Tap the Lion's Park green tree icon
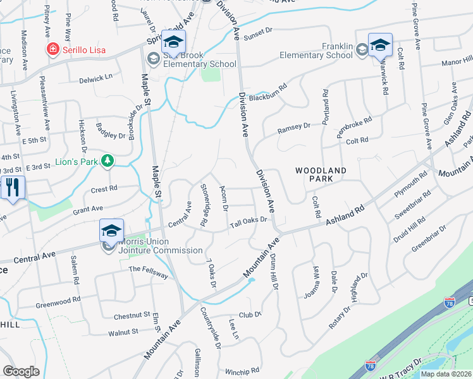coord(108,162)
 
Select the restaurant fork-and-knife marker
coord(12,188)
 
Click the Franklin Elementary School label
coord(316,50)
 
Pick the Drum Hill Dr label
coord(274,272)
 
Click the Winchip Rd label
coord(242,371)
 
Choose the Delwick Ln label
coord(95,78)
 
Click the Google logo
coord(21,371)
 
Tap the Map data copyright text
coord(445,374)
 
